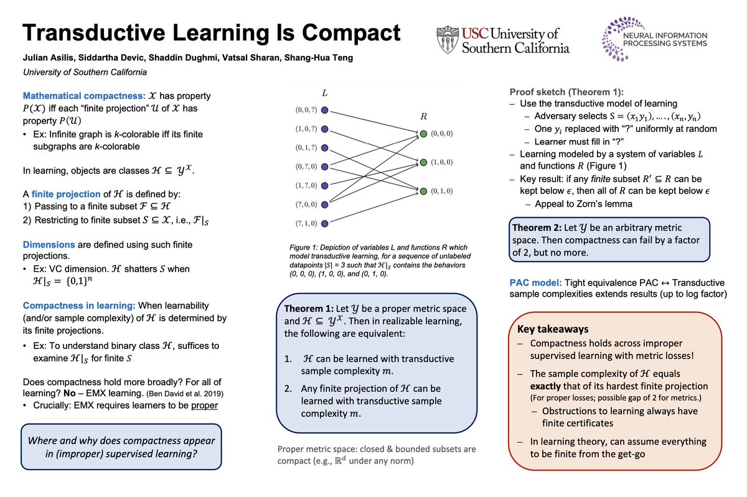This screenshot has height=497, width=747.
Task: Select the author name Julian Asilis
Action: click(47, 58)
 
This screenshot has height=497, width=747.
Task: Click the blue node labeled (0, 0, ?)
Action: click(325, 111)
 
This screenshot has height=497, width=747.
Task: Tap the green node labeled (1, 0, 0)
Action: click(423, 162)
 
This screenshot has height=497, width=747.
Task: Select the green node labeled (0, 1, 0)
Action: click(423, 190)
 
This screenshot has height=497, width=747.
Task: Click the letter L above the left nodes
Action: click(324, 93)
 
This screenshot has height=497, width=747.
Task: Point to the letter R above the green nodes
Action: click(423, 116)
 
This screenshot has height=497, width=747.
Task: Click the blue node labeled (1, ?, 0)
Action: click(325, 185)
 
